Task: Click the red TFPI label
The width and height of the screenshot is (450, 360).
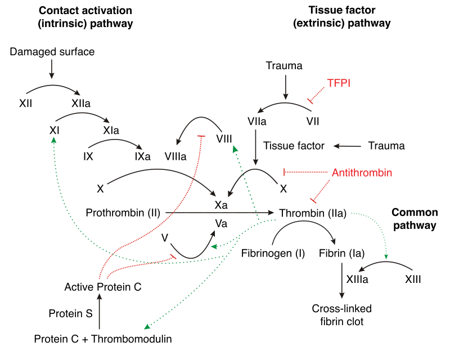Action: (339, 83)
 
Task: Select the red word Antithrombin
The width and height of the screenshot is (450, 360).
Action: (362, 173)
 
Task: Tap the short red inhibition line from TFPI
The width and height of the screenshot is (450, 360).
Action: (317, 94)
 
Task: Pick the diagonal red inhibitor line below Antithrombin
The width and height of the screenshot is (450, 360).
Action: (322, 190)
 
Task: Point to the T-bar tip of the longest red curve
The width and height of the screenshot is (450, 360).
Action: (201, 137)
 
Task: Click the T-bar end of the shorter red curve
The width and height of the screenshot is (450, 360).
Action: (174, 256)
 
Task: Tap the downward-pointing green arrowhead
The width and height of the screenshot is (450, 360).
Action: (386, 256)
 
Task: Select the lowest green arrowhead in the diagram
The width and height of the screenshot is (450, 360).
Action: (147, 326)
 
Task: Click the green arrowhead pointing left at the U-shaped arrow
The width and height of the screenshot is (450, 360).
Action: (214, 246)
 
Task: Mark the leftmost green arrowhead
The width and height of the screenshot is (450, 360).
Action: (53, 139)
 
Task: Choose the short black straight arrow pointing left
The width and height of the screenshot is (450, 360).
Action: (347, 146)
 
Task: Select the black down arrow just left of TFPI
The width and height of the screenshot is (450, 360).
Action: (285, 87)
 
